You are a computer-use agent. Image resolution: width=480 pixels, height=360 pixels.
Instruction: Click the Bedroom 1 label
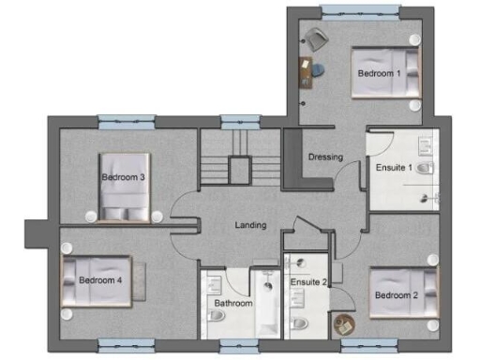click(379, 72)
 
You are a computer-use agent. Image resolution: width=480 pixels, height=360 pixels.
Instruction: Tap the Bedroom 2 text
click(395, 295)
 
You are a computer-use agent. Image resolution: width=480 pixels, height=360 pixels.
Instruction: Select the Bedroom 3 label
click(123, 177)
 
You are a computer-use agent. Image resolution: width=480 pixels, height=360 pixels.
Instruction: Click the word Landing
click(250, 225)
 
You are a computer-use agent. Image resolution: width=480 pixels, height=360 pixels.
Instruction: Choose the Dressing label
click(325, 157)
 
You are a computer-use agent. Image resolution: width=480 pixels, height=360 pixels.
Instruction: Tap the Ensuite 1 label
click(396, 169)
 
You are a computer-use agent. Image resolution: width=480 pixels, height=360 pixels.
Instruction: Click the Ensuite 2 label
click(308, 281)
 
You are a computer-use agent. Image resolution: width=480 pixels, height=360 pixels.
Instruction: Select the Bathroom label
click(232, 304)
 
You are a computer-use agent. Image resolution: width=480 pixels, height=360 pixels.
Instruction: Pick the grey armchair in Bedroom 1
click(314, 39)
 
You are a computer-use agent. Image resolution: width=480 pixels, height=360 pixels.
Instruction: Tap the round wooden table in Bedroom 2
click(342, 324)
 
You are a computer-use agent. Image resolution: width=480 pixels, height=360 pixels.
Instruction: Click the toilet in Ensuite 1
click(425, 169)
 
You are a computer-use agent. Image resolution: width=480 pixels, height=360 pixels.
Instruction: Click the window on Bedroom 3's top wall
click(125, 120)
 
